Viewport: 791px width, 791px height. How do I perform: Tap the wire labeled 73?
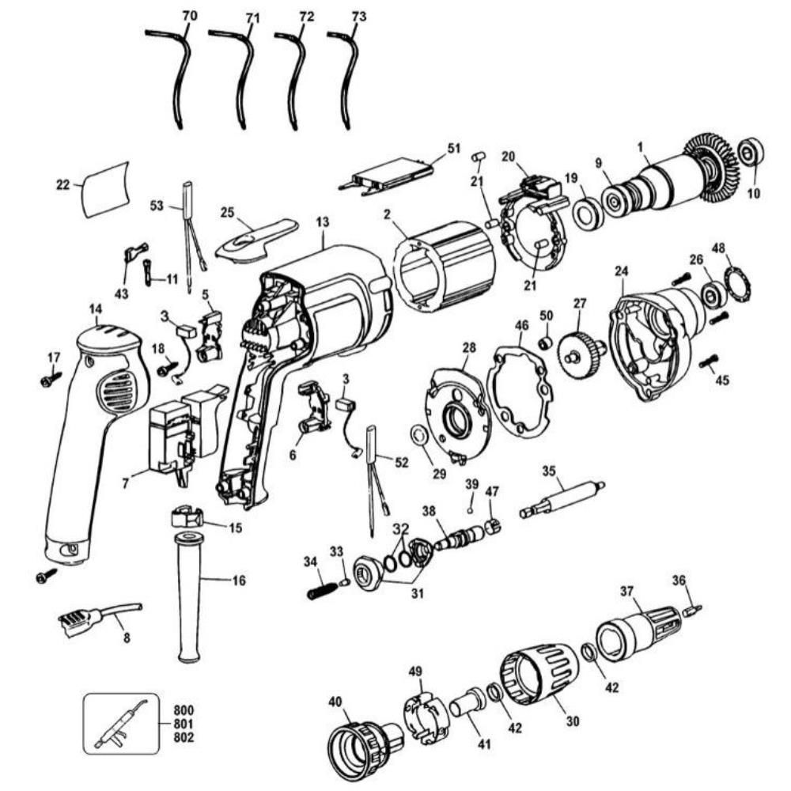[x=346, y=79]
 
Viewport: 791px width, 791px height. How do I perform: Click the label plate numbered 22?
[x=105, y=190]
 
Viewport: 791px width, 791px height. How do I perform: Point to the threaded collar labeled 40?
[x=360, y=732]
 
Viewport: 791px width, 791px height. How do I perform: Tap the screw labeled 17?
[x=49, y=380]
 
